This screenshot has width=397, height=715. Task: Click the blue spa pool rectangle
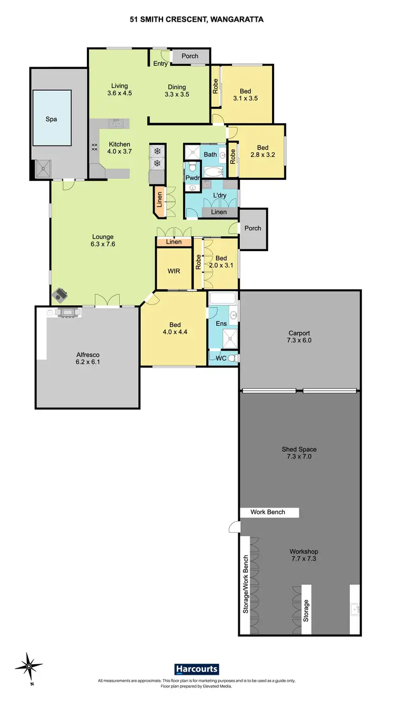[51, 117]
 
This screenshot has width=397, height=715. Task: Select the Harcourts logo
[196, 670]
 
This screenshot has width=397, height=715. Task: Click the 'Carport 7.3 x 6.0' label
[299, 337]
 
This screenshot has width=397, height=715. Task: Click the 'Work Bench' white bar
[268, 512]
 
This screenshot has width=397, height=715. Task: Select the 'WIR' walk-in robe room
[174, 271]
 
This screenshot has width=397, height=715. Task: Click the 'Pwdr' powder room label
[192, 178]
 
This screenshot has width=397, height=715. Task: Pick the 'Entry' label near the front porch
[160, 63]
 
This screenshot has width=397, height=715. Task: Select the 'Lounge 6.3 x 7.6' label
[103, 241]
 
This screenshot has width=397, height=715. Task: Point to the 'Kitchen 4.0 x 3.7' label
[120, 148]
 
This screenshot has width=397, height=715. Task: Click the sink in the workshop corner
[354, 609]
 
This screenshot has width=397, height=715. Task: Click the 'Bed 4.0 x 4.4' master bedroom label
[175, 328]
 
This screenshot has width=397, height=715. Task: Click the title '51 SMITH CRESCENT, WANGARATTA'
[197, 20]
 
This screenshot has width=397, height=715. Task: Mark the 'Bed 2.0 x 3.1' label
[221, 262]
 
